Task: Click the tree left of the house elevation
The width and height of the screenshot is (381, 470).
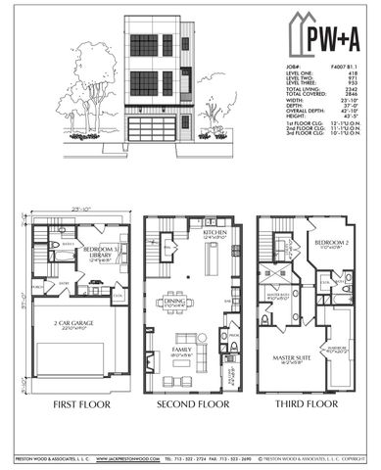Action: pyautogui.click(x=75, y=100)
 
